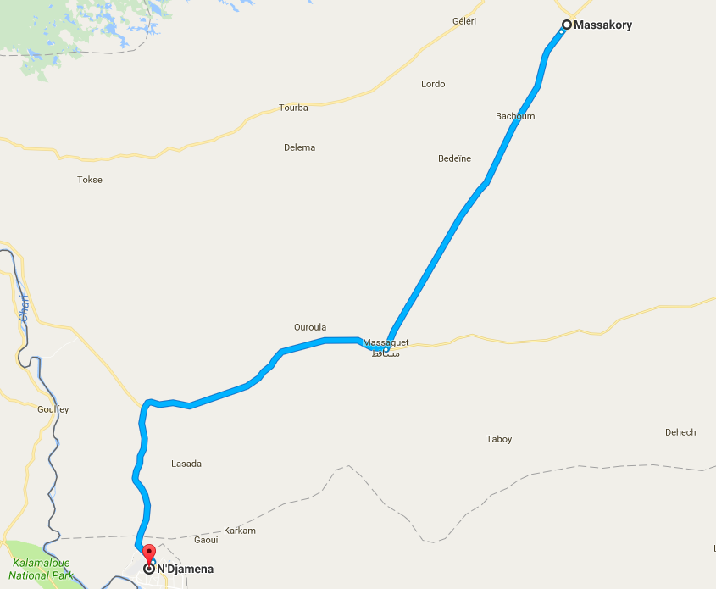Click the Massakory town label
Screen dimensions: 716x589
[603, 25]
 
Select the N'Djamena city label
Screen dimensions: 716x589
[185, 570]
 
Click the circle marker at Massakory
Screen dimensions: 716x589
[566, 25]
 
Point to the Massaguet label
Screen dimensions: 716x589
[386, 342]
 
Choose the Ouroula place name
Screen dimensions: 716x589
[309, 327]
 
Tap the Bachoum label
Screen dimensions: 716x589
[515, 116]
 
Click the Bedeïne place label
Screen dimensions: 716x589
[454, 158]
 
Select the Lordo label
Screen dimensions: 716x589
[433, 84]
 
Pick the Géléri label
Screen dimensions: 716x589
[464, 21]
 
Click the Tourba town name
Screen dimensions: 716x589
[293, 108]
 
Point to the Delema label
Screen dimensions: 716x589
[299, 147]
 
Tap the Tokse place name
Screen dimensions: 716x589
[89, 180]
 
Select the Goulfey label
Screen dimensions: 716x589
[53, 409]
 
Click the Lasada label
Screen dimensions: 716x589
[186, 464]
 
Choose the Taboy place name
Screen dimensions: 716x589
[499, 439]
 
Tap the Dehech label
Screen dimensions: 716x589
[680, 432]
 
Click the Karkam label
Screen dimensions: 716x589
[241, 531]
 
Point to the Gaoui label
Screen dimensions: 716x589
[206, 540]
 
